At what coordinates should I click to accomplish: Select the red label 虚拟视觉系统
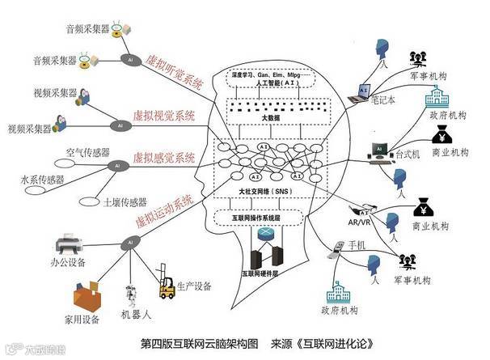pyautogui.click(x=165, y=115)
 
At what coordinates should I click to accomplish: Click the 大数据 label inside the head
pyautogui.click(x=267, y=118)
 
